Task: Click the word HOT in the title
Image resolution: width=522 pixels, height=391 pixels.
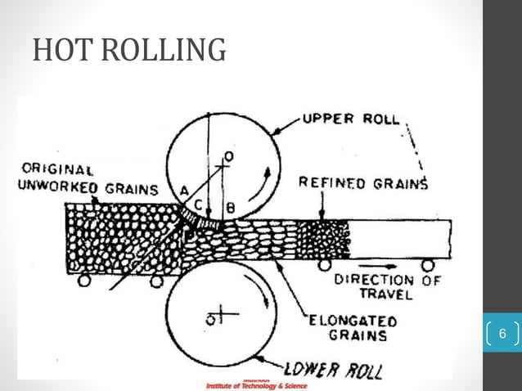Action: [x=62, y=51]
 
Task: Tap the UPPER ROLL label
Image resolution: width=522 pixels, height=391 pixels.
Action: [x=351, y=118]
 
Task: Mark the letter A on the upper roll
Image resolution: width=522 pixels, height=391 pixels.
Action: [x=185, y=191]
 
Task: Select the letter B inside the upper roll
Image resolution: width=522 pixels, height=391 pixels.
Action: [x=230, y=208]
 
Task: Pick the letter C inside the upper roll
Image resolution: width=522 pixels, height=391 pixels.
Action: [x=210, y=204]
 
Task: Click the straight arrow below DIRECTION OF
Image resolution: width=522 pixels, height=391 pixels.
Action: [x=380, y=267]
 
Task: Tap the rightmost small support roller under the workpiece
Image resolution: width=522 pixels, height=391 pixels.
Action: [x=428, y=264]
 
